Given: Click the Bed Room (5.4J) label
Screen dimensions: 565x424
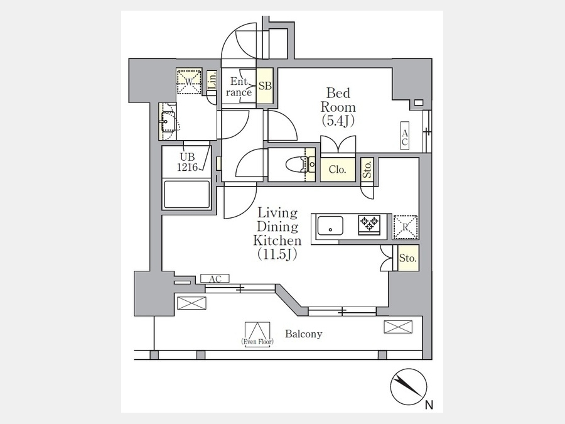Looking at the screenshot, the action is pos(338,107).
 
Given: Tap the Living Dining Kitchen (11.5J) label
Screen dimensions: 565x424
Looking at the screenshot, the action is pos(277,234).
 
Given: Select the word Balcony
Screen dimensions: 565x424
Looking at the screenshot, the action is pos(303,334).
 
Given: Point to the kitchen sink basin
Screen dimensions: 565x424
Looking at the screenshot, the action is pos(330,226).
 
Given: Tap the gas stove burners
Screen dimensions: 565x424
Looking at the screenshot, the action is pos(369,224).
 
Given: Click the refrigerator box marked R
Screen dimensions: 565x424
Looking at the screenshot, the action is pos(406,227).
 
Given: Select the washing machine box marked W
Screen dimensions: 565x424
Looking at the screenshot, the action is pos(189,82).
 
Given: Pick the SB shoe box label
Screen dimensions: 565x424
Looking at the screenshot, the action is pos(265,86).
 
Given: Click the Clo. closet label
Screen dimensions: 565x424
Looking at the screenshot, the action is pos(337,170).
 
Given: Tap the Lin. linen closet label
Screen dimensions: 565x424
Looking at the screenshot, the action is pos(213,81).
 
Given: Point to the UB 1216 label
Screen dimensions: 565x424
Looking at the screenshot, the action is pos(187,162).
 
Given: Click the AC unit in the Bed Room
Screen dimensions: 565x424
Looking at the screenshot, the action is pos(405,135).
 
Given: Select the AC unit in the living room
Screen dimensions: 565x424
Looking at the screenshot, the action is pos(215,279).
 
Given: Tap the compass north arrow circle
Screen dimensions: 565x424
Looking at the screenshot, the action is pos(409,386).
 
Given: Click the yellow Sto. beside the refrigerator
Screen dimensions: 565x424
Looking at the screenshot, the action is pos(408,258).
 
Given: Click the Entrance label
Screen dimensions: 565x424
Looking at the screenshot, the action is pos(239,87).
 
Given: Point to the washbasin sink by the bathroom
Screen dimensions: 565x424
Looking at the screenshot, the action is pos(168,122).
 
